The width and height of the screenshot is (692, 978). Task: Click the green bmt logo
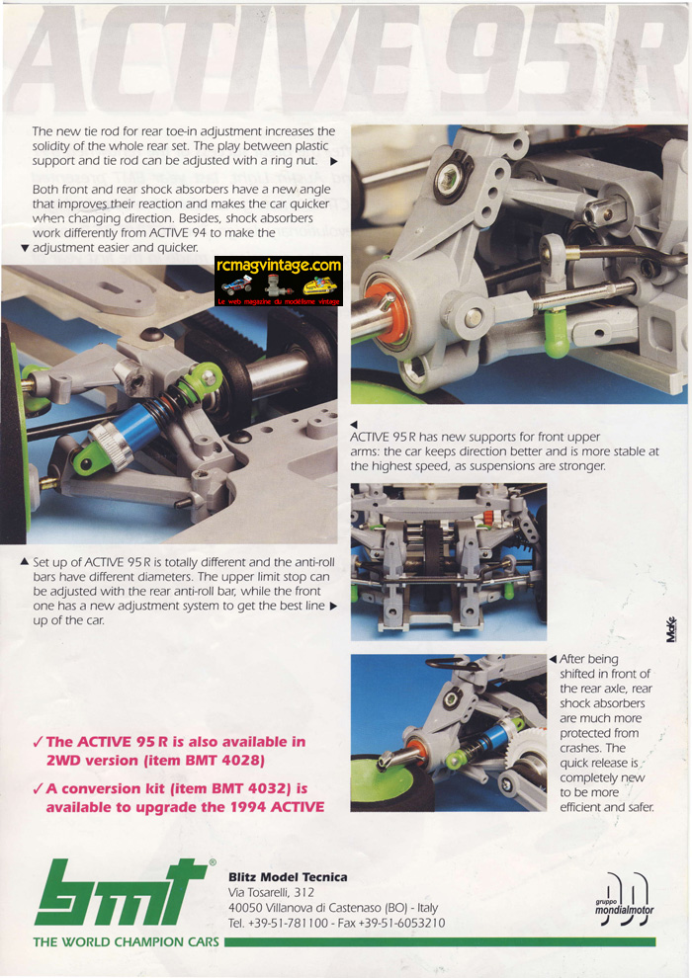point(123,893)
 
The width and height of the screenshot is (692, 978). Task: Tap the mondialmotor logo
point(624,899)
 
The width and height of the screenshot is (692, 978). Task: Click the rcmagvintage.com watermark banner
point(279,282)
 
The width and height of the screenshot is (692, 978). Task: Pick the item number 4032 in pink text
point(266,788)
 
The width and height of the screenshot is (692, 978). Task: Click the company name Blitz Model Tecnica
point(288,877)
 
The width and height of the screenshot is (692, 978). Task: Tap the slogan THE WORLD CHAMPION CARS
point(127,941)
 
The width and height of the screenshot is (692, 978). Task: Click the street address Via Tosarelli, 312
point(271,893)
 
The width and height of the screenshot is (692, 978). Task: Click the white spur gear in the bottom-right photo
point(528,749)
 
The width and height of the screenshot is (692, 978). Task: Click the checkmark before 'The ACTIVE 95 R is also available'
point(38,742)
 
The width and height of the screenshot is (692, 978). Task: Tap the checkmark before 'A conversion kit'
point(38,788)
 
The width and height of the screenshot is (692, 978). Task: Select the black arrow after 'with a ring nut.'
point(334,162)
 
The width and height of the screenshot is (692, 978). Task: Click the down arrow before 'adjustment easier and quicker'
point(25,248)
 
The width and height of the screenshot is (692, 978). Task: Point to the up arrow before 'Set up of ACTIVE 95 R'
point(25,562)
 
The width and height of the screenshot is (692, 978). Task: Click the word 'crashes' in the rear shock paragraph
point(579,748)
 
